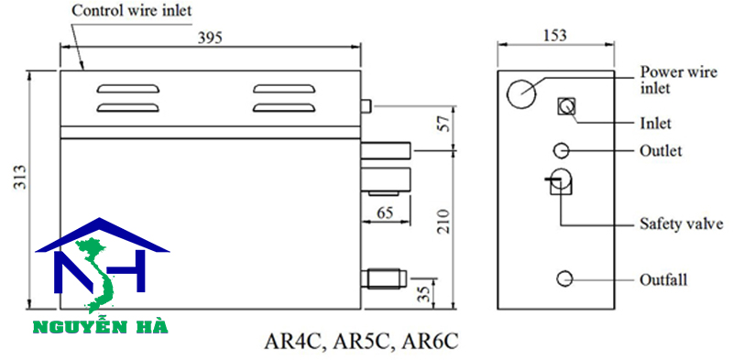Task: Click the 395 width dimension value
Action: [210, 38]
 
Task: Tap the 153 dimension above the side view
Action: [554, 35]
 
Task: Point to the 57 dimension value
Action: [447, 123]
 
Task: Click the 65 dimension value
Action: [385, 213]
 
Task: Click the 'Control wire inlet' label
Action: [131, 11]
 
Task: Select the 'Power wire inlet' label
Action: [676, 80]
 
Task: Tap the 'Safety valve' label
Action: [681, 224]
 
